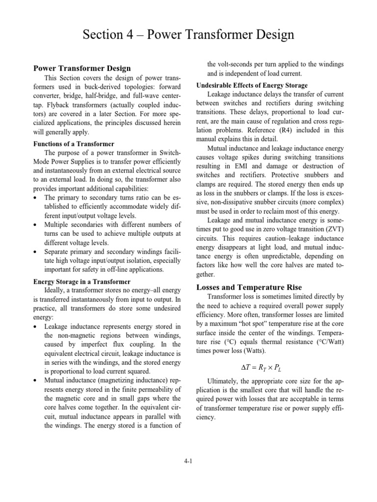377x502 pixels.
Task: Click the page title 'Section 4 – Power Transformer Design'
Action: click(188, 35)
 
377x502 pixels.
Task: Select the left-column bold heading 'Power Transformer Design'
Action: click(82, 68)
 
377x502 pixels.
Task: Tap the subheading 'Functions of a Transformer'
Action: click(73, 144)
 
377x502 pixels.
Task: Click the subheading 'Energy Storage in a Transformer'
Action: click(81, 281)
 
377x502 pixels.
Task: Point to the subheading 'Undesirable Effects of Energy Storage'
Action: click(252, 85)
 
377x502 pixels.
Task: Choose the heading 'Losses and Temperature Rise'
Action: click(249, 287)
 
